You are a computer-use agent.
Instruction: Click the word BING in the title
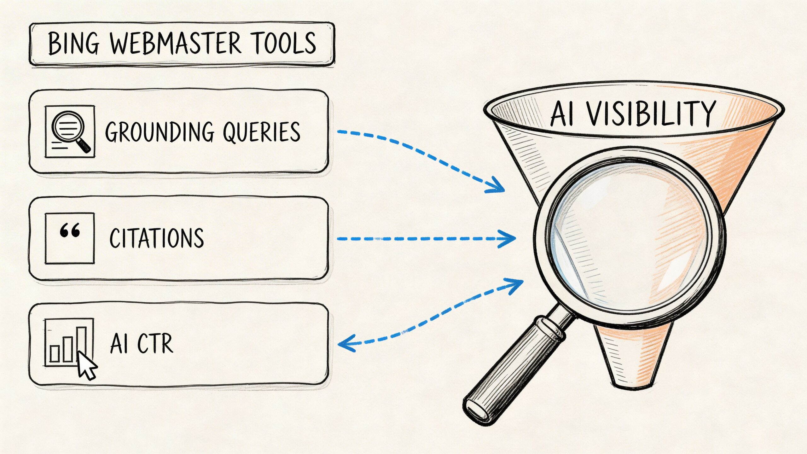pos(73,44)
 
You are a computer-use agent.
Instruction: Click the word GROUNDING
pos(160,132)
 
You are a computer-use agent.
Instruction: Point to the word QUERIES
pos(262,132)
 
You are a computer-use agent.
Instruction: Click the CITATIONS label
pos(157,238)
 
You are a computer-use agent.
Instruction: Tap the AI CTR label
pos(142,343)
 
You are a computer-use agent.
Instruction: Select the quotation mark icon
pos(70,231)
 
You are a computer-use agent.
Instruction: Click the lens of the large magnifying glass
pos(629,236)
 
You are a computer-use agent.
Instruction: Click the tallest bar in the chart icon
pos(82,344)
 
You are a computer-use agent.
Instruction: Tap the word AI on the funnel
pos(563,114)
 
